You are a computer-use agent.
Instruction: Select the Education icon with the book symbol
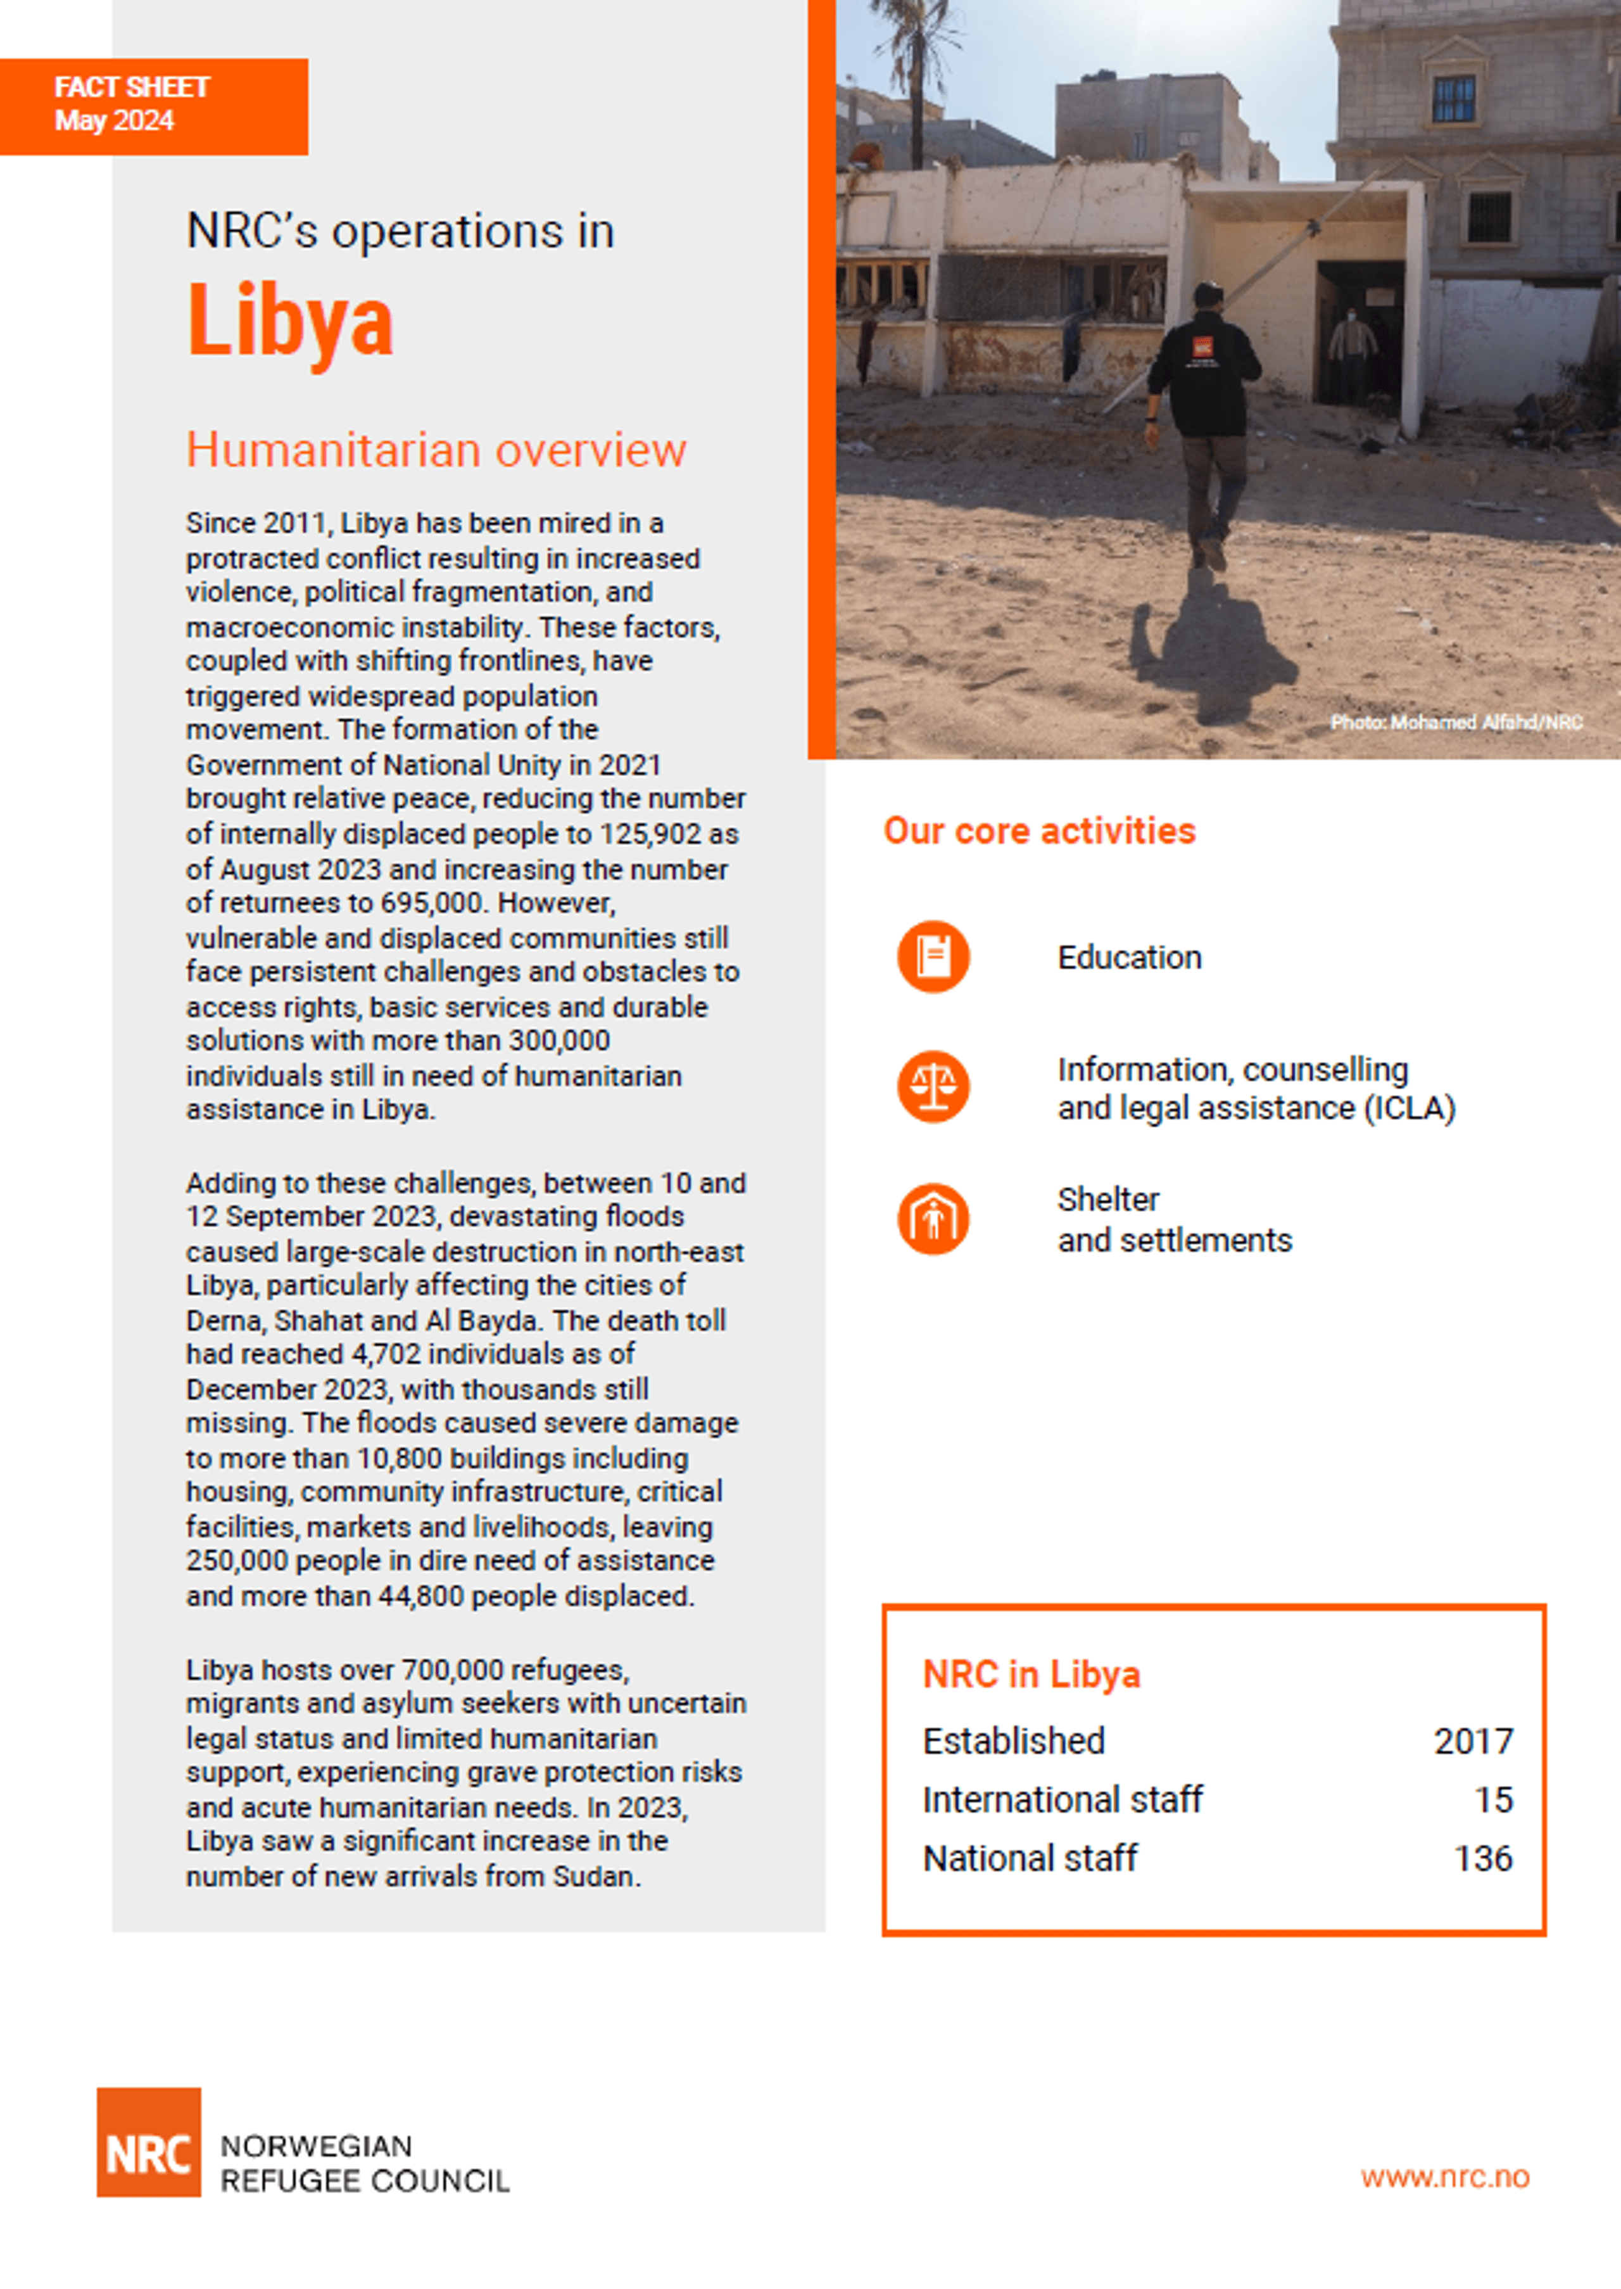932,956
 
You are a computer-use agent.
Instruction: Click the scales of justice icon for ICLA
932,1086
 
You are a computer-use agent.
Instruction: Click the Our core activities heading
1039,830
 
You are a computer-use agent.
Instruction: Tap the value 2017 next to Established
1473,1741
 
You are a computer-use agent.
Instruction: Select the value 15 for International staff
1493,1800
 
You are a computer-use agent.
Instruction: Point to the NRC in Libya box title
1031,1674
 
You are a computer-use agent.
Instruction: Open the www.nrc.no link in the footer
1444,2176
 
